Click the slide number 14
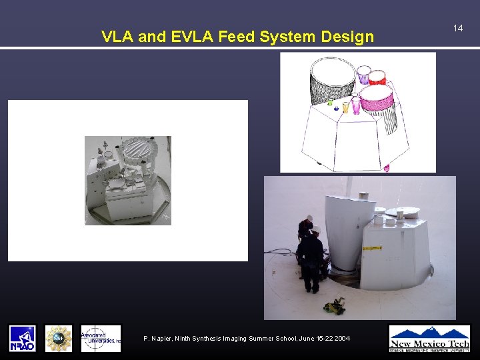458,28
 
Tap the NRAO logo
22,338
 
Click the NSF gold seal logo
59,338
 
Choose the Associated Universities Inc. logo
101,338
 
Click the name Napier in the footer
163,339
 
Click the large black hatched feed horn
332,79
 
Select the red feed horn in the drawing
377,77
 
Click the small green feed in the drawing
329,103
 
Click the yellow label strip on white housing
372,248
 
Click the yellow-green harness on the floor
334,307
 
